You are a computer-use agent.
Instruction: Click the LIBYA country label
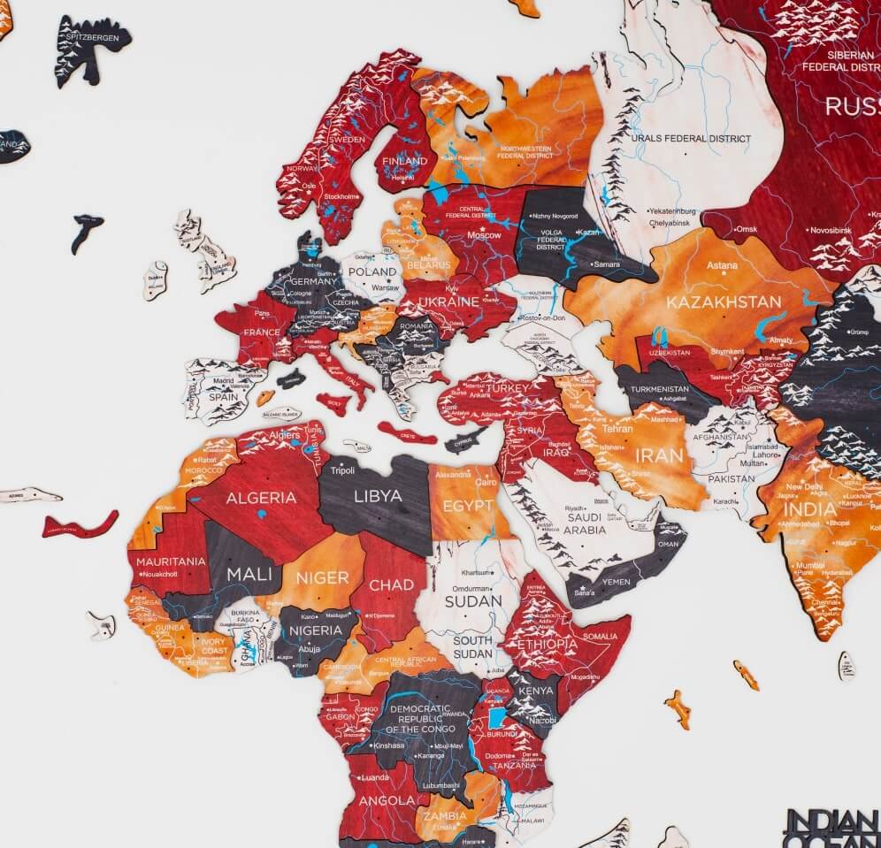click(x=378, y=495)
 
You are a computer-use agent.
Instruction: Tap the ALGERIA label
click(x=261, y=498)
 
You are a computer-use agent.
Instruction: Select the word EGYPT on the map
click(x=469, y=506)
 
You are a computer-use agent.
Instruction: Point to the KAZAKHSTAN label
click(x=724, y=302)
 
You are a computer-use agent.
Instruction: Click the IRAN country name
click(x=660, y=456)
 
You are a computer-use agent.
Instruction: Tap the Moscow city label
click(x=484, y=235)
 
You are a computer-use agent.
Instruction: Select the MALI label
click(x=249, y=572)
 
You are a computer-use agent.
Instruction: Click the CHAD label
click(x=391, y=584)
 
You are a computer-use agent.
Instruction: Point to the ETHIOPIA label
click(x=548, y=644)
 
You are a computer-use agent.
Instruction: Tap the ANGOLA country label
click(x=381, y=801)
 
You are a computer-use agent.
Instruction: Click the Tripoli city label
click(x=342, y=470)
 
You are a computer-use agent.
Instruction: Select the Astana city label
click(x=722, y=264)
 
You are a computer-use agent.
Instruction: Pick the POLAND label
click(x=372, y=271)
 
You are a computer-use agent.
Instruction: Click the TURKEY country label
click(x=508, y=387)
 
